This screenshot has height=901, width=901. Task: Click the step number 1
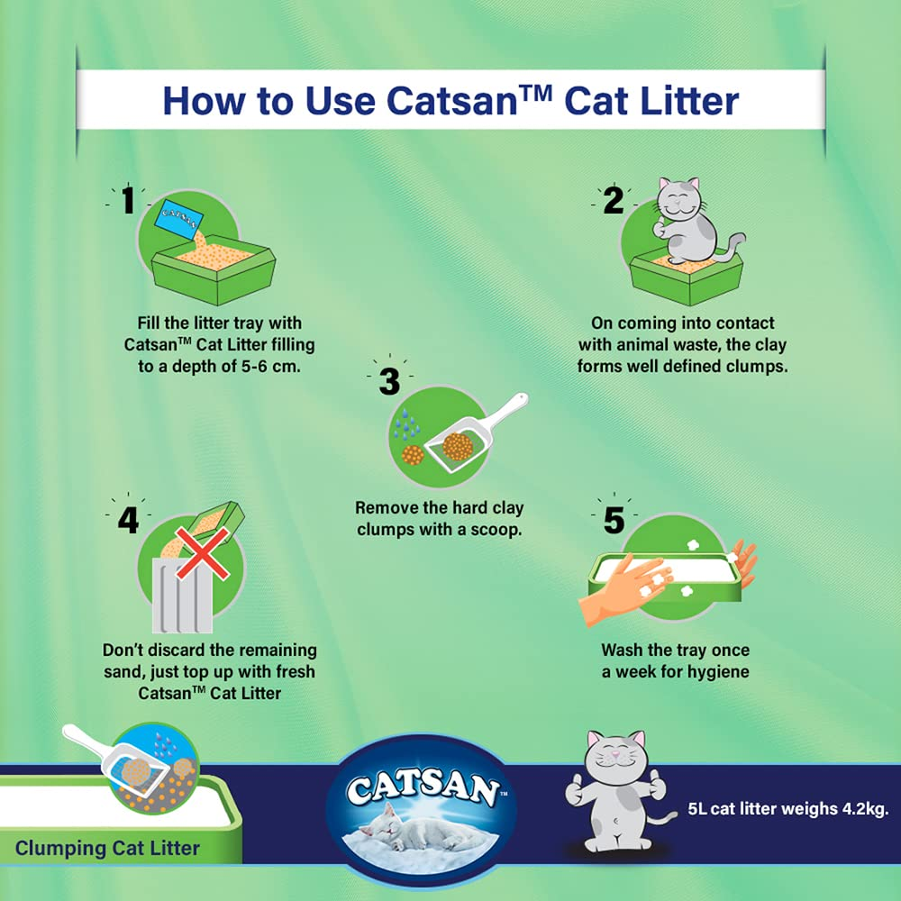tap(127, 200)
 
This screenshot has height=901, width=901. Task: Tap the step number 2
tap(613, 200)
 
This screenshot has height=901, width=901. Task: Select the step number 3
tap(388, 381)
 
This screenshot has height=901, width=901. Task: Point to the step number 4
tap(128, 520)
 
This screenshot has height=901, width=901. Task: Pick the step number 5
tap(614, 520)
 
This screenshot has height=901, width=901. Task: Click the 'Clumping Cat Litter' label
tap(107, 848)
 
